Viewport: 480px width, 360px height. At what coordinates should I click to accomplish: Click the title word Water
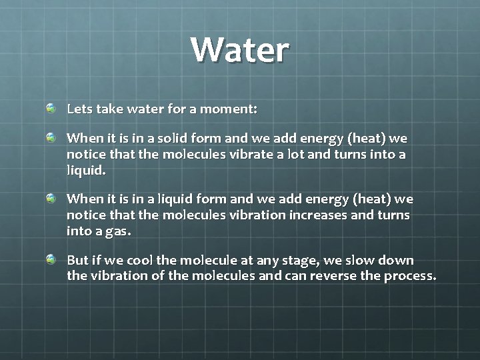point(239,50)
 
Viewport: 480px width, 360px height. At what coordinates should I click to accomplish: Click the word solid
point(164,139)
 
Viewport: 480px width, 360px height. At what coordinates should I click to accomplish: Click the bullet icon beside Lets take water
point(51,107)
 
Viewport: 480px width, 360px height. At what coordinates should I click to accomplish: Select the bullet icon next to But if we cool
point(51,259)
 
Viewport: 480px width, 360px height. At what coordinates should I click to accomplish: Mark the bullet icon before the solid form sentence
point(51,137)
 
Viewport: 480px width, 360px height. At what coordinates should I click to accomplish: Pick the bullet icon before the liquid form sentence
point(51,198)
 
